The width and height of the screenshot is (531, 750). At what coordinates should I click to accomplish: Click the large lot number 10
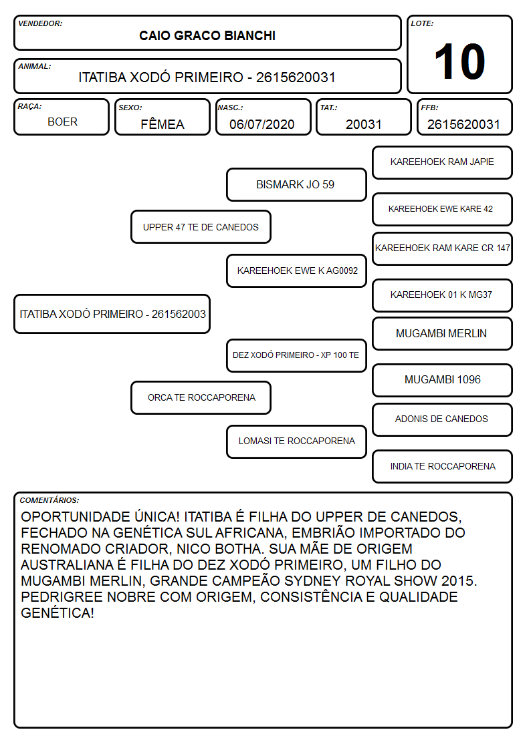pyautogui.click(x=459, y=61)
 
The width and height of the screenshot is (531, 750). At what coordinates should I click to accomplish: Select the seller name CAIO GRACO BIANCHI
pyautogui.click(x=207, y=35)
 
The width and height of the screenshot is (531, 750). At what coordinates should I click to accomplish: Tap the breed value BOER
pyautogui.click(x=62, y=122)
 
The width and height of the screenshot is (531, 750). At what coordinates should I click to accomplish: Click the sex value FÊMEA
pyautogui.click(x=163, y=124)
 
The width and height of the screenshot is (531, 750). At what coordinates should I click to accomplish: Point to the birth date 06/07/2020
pyautogui.click(x=262, y=124)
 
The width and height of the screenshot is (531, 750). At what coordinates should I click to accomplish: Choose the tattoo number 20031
pyautogui.click(x=364, y=124)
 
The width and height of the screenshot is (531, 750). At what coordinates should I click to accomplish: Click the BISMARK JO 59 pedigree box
pyautogui.click(x=296, y=184)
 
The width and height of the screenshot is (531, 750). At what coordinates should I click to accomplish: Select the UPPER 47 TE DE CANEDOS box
pyautogui.click(x=201, y=227)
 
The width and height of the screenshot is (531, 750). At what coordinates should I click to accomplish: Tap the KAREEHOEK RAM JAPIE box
pyautogui.click(x=443, y=163)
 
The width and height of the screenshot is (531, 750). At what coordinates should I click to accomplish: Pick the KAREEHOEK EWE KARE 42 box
pyautogui.click(x=443, y=210)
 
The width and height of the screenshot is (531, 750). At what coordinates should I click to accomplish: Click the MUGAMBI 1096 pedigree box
pyautogui.click(x=443, y=380)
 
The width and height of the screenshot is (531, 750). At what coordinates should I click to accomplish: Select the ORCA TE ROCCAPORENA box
pyautogui.click(x=201, y=398)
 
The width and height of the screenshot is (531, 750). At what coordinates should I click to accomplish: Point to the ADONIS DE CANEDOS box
pyautogui.click(x=443, y=419)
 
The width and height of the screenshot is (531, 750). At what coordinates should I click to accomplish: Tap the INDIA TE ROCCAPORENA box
pyautogui.click(x=443, y=466)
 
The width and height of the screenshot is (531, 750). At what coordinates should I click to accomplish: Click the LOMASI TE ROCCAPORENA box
pyautogui.click(x=296, y=441)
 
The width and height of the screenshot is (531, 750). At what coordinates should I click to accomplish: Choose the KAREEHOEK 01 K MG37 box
pyautogui.click(x=443, y=295)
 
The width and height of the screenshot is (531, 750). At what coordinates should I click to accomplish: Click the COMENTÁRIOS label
pyautogui.click(x=49, y=500)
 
